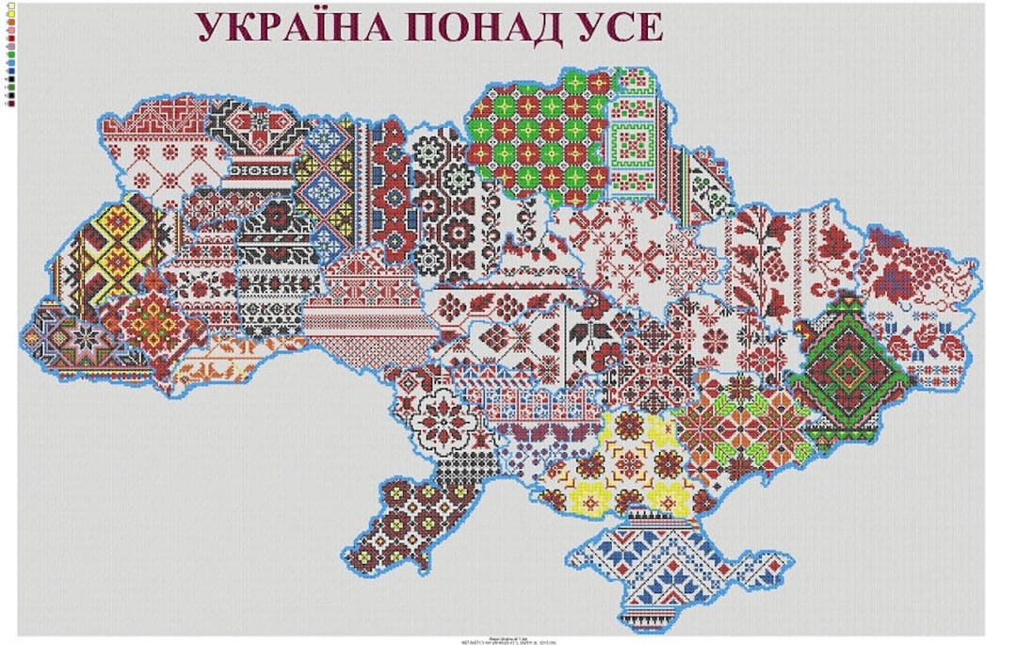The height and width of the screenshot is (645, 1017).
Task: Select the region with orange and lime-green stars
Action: coord(744,424)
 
